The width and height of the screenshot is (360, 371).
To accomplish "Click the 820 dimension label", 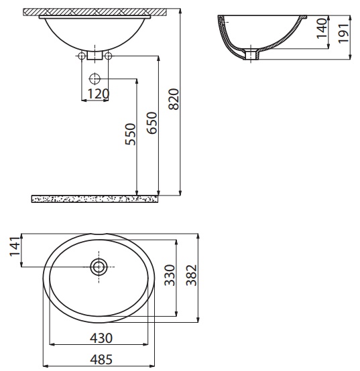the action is click(x=174, y=99).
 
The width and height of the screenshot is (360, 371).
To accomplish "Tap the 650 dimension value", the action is click(x=152, y=123).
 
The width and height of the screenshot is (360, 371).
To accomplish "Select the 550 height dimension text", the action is click(x=131, y=134).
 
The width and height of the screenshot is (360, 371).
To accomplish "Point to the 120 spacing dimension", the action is click(x=99, y=94).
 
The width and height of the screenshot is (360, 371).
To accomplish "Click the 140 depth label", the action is click(x=322, y=28).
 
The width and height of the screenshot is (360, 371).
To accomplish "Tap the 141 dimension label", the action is click(x=15, y=246).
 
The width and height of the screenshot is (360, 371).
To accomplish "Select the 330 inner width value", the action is click(x=170, y=275).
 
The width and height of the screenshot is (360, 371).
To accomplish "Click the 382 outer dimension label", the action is click(x=191, y=275).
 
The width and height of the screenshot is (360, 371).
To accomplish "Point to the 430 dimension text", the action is click(x=101, y=338).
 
